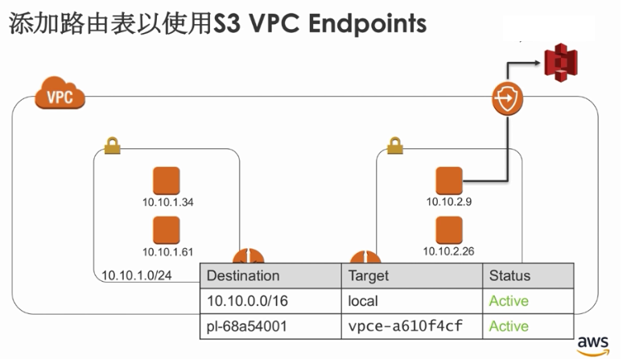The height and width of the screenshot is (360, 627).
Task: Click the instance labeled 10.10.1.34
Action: [166, 181]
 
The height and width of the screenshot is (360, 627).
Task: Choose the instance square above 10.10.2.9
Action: [448, 181]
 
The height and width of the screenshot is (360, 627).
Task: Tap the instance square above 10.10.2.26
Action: [448, 230]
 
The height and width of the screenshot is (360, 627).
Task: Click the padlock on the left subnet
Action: [112, 146]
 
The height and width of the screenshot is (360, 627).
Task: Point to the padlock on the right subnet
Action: [394, 146]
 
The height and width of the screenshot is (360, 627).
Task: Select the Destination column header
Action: [243, 275]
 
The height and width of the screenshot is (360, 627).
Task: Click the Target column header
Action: [369, 275]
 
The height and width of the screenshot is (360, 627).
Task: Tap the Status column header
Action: [509, 275]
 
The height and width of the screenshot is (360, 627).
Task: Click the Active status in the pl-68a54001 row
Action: [509, 326]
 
